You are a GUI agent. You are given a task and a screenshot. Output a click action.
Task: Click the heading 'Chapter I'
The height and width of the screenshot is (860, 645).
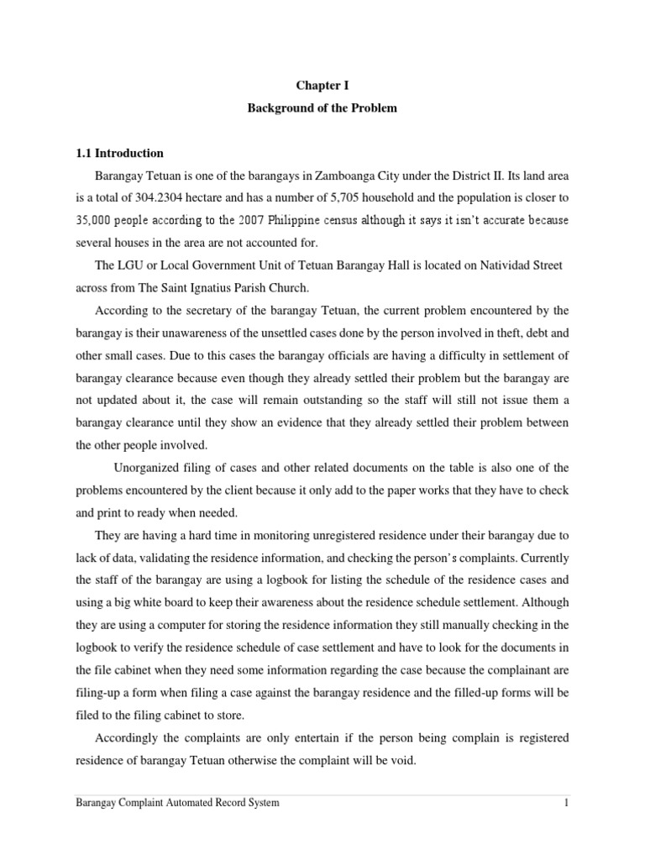(322, 86)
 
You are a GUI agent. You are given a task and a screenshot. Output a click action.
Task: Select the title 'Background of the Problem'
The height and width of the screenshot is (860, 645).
(322, 109)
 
